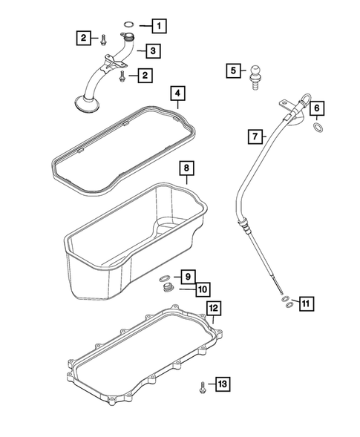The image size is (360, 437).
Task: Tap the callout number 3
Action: (x=151, y=50)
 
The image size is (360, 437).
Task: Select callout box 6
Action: (x=316, y=109)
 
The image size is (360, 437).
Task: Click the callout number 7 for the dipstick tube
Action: (x=255, y=136)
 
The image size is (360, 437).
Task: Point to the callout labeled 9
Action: (x=189, y=276)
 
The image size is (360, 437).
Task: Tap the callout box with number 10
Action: (x=201, y=289)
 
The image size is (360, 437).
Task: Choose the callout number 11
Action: (x=306, y=302)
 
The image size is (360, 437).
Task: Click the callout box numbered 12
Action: (x=213, y=307)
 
